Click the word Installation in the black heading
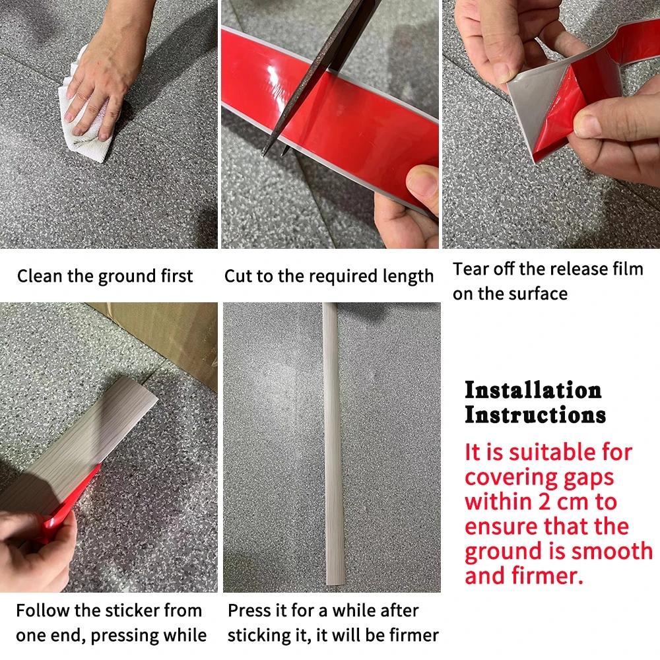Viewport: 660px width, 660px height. coord(533,390)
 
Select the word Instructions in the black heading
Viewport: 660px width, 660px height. coord(535,415)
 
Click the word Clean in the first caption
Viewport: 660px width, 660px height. coord(38,276)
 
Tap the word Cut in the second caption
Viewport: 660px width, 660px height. coord(238,276)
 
